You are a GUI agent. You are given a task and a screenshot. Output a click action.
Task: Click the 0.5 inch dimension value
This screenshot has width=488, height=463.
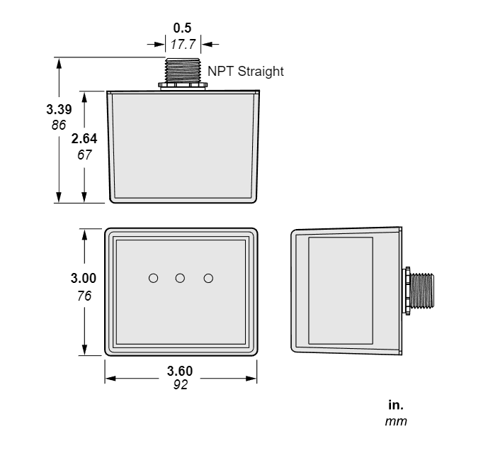click(x=182, y=28)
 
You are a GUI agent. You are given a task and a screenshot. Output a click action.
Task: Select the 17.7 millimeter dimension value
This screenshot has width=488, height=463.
click(x=182, y=44)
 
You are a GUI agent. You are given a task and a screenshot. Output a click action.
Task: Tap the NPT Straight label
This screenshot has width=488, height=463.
click(x=245, y=71)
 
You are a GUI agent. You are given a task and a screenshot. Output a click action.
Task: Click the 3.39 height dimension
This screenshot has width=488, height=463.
click(x=59, y=110)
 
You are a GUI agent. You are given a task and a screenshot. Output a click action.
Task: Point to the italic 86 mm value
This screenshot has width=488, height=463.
click(x=59, y=125)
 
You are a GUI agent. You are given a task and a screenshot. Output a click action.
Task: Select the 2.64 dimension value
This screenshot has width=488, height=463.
click(x=84, y=139)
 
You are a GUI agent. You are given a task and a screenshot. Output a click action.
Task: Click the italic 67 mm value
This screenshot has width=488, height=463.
click(x=84, y=155)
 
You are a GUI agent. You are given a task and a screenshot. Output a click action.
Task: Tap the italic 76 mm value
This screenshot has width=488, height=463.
click(x=84, y=296)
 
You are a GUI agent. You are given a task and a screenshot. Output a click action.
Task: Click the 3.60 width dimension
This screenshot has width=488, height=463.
click(x=180, y=370)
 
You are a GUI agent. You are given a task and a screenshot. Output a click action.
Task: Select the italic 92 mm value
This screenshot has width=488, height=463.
click(x=180, y=384)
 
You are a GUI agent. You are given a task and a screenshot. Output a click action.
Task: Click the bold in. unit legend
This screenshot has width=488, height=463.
click(x=396, y=406)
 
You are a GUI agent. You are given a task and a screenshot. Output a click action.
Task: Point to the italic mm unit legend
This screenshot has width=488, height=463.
click(x=396, y=422)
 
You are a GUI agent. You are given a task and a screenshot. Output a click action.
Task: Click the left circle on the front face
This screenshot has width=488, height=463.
click(x=153, y=278)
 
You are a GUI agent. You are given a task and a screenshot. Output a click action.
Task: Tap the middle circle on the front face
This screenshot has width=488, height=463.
click(x=180, y=278)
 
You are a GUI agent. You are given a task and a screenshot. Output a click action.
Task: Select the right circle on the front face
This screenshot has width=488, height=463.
click(x=208, y=278)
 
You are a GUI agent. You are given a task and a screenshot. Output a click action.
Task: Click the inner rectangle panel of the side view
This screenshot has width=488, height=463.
click(x=341, y=291)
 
